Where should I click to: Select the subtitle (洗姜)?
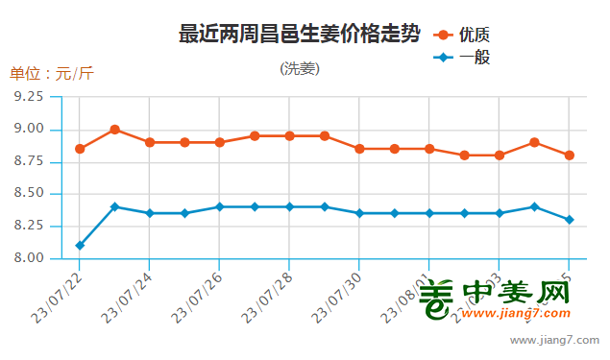coord(300,69)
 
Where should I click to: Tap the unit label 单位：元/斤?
coord(52,74)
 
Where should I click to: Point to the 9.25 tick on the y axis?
coord(30,97)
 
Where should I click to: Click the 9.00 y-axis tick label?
coord(30,130)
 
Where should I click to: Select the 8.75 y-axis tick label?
coord(30,161)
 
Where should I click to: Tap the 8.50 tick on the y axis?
coord(30,194)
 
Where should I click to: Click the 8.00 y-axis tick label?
coord(30,258)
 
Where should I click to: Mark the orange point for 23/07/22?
coord(80,149)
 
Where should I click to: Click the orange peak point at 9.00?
coord(114,130)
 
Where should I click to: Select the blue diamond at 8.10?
coord(80,246)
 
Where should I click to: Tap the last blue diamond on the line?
coord(570,220)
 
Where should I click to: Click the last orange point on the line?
coord(570,156)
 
